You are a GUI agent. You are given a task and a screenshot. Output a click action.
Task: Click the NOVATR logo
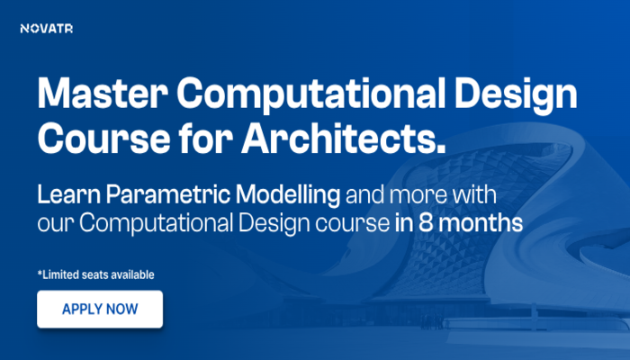coord(46,29)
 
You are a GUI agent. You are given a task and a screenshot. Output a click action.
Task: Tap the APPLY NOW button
coord(100,309)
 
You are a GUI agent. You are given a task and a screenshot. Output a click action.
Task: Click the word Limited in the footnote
coord(62,274)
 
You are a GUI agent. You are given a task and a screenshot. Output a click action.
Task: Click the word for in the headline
coord(198,137)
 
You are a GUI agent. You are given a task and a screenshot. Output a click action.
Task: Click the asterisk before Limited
coord(40,272)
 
